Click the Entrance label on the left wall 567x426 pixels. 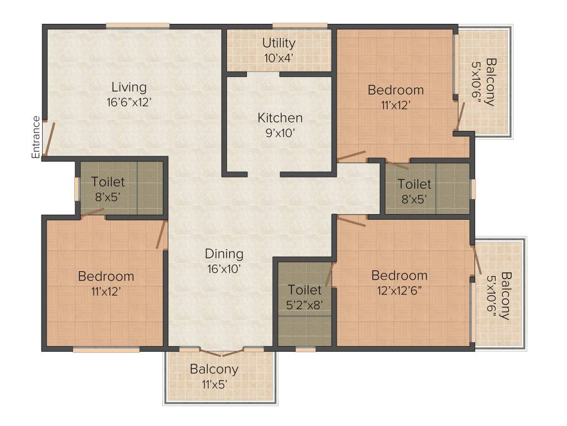[x=36, y=137]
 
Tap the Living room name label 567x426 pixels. [x=129, y=87]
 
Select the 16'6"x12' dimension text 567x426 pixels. [x=129, y=102]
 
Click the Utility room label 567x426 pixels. [x=279, y=43]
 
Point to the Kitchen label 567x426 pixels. [x=280, y=118]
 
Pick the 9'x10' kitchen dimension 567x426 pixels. [x=280, y=133]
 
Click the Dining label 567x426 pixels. [x=224, y=253]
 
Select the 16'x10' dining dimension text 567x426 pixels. [x=224, y=268]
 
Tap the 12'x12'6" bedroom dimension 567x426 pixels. [x=399, y=291]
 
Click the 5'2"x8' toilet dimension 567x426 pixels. [x=304, y=305]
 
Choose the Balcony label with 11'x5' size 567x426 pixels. [x=214, y=369]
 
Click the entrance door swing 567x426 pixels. [x=49, y=139]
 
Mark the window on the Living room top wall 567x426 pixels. [x=137, y=25]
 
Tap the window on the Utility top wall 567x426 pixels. [x=300, y=25]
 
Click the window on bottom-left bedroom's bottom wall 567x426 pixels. [x=106, y=350]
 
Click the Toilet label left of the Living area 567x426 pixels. [x=108, y=181]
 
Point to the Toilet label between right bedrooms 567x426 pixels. [x=414, y=184]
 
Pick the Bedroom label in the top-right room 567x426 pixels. [x=395, y=90]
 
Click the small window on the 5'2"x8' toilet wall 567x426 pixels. [x=305, y=350]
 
